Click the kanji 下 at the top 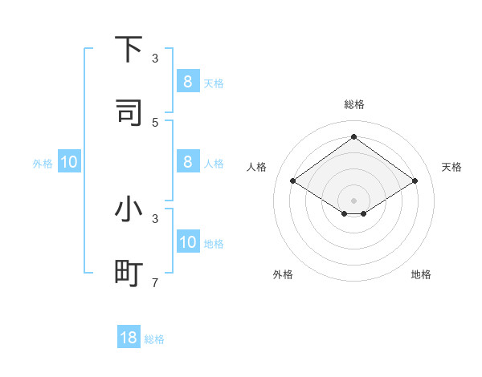pyautogui.click(x=129, y=50)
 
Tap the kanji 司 pyautogui.click(x=129, y=112)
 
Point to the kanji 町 pyautogui.click(x=129, y=274)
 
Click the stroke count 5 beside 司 pyautogui.click(x=155, y=122)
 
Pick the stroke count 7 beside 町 pyautogui.click(x=155, y=282)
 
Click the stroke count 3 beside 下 pyautogui.click(x=155, y=59)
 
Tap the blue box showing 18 pyautogui.click(x=129, y=338)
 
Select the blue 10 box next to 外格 pyautogui.click(x=69, y=163)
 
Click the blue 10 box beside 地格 pyautogui.click(x=188, y=243)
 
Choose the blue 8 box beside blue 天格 pyautogui.click(x=188, y=81)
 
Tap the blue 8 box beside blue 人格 pyautogui.click(x=188, y=162)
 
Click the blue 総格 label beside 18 pyautogui.click(x=154, y=339)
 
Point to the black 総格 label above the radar pyautogui.click(x=354, y=104)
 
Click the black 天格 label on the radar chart pyautogui.click(x=452, y=167)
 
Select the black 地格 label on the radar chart pyautogui.click(x=421, y=274)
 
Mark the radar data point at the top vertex pyautogui.click(x=353, y=137)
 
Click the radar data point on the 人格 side pyautogui.click(x=293, y=181)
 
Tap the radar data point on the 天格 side pyautogui.click(x=415, y=181)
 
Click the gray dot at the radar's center pyautogui.click(x=353, y=200)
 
